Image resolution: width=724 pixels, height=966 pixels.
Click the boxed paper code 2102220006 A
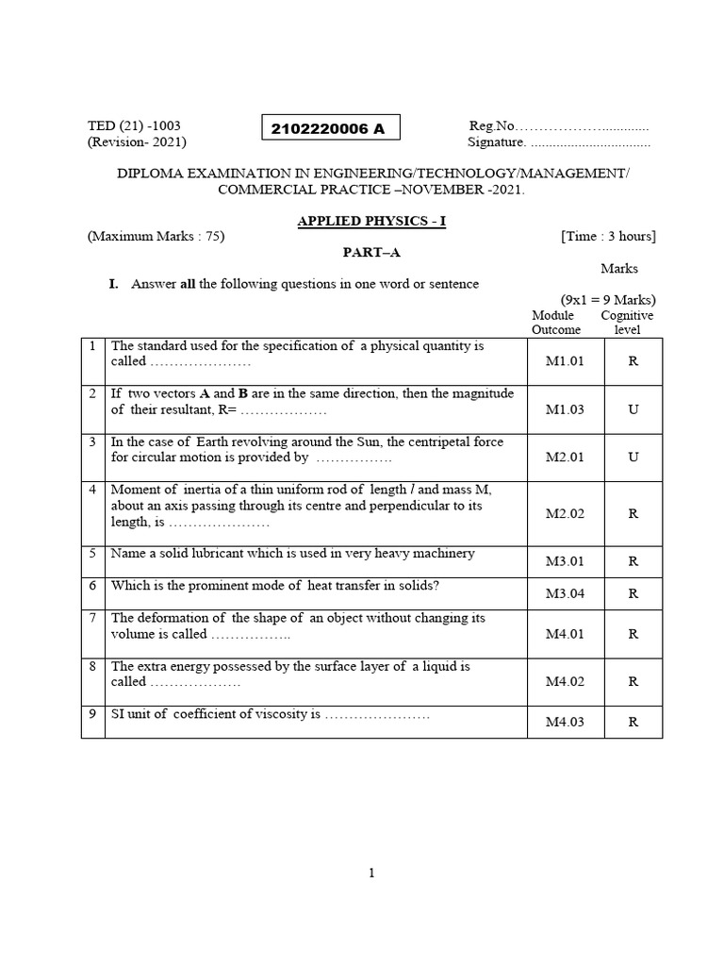click(328, 129)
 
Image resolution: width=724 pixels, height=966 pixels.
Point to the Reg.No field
click(558, 125)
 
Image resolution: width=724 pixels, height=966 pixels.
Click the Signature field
click(558, 142)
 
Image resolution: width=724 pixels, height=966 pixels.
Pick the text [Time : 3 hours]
click(607, 236)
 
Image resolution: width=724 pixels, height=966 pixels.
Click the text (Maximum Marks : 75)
click(156, 236)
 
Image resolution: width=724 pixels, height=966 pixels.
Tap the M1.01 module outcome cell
click(566, 361)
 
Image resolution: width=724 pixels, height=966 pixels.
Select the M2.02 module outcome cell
click(566, 513)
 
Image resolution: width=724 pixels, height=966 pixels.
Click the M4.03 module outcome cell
click(566, 722)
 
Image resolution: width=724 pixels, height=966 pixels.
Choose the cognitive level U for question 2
click(633, 409)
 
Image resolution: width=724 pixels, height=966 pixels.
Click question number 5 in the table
click(93, 554)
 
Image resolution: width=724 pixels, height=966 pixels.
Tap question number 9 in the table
click(93, 714)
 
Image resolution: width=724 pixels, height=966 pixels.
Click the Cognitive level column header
click(627, 323)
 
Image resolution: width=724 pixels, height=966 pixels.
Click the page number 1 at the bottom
click(371, 874)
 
